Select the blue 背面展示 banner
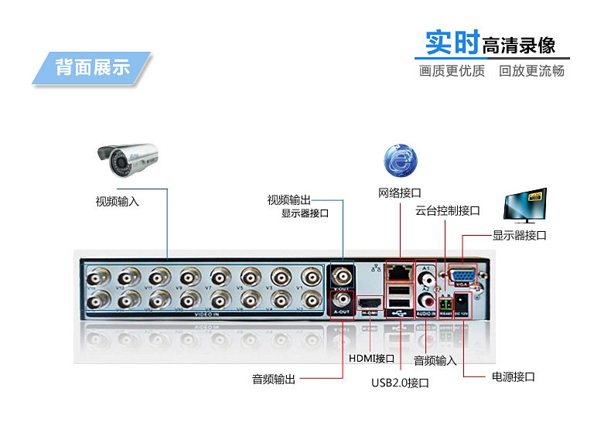[92, 67]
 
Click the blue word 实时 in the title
[452, 43]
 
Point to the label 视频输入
[117, 202]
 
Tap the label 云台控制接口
[448, 210]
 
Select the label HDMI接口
[371, 359]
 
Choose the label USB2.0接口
[400, 383]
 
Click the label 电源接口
[513, 377]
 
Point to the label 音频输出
[273, 380]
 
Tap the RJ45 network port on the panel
[399, 271]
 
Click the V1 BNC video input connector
[311, 276]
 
